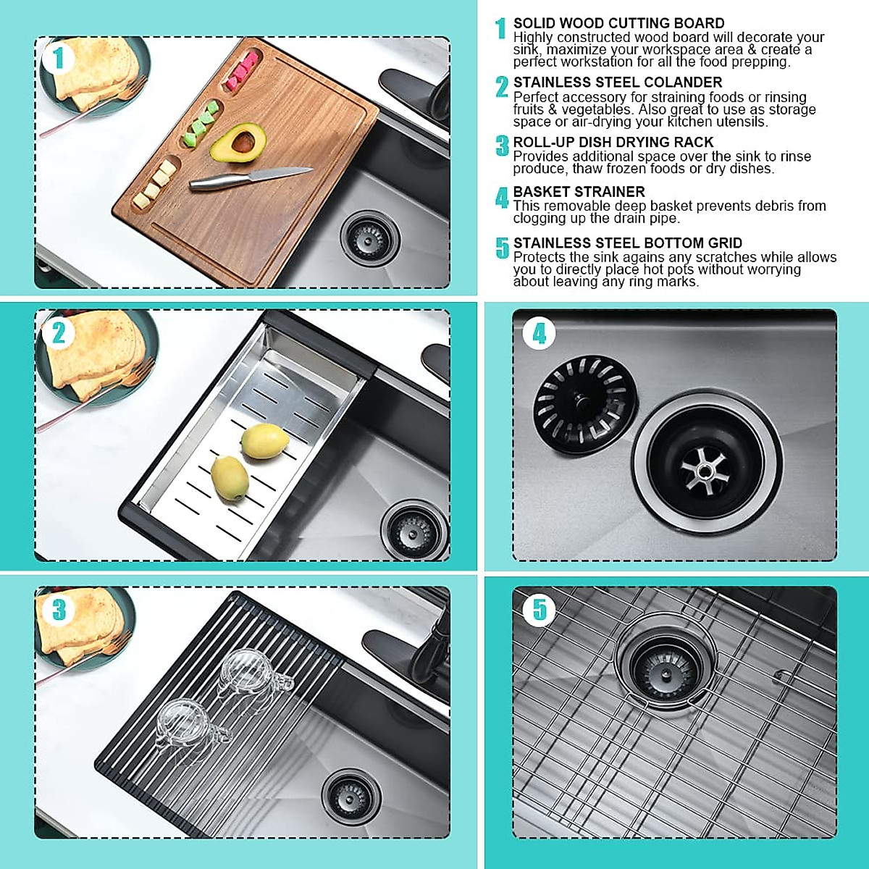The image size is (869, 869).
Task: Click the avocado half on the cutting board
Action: point(238,143)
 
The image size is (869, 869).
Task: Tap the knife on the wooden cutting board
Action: point(250,178)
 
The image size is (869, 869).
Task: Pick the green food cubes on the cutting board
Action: point(201,123)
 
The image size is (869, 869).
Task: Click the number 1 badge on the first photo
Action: point(59,58)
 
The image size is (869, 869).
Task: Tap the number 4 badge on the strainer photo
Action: point(539,334)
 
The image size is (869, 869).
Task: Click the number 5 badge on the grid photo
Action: point(540,609)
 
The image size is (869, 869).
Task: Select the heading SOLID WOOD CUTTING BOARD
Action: point(618,23)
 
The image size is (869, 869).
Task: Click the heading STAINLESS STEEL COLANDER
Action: point(617,83)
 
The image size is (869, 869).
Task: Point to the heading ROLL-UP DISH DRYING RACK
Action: point(613,142)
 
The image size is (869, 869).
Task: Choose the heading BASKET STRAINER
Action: point(579,192)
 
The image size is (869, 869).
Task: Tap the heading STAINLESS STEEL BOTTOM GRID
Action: point(627,243)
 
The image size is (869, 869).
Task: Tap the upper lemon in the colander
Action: point(264,441)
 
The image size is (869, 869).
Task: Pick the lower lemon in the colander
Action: point(230,478)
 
